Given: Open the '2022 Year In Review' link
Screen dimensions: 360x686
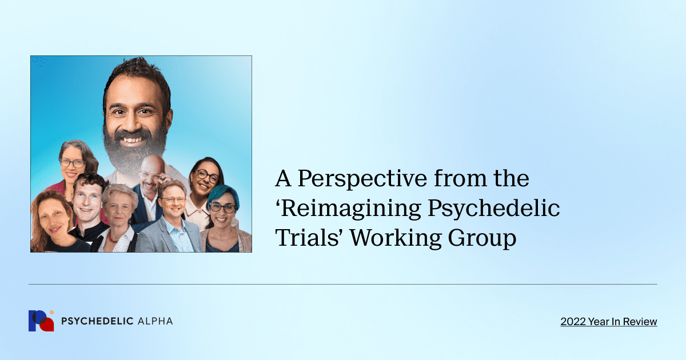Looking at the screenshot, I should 608,322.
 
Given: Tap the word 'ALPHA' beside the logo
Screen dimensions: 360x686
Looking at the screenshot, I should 155,321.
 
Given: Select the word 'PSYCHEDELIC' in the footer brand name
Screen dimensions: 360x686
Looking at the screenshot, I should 97,321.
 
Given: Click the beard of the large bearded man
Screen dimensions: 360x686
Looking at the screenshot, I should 136,151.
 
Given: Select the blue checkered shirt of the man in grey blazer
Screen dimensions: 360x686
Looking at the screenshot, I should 178,237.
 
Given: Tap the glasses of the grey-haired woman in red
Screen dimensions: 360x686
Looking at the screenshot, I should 73,163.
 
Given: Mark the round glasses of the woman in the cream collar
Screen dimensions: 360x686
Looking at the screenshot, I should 208,176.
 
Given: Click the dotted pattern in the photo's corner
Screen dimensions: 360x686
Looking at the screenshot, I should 39,61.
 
